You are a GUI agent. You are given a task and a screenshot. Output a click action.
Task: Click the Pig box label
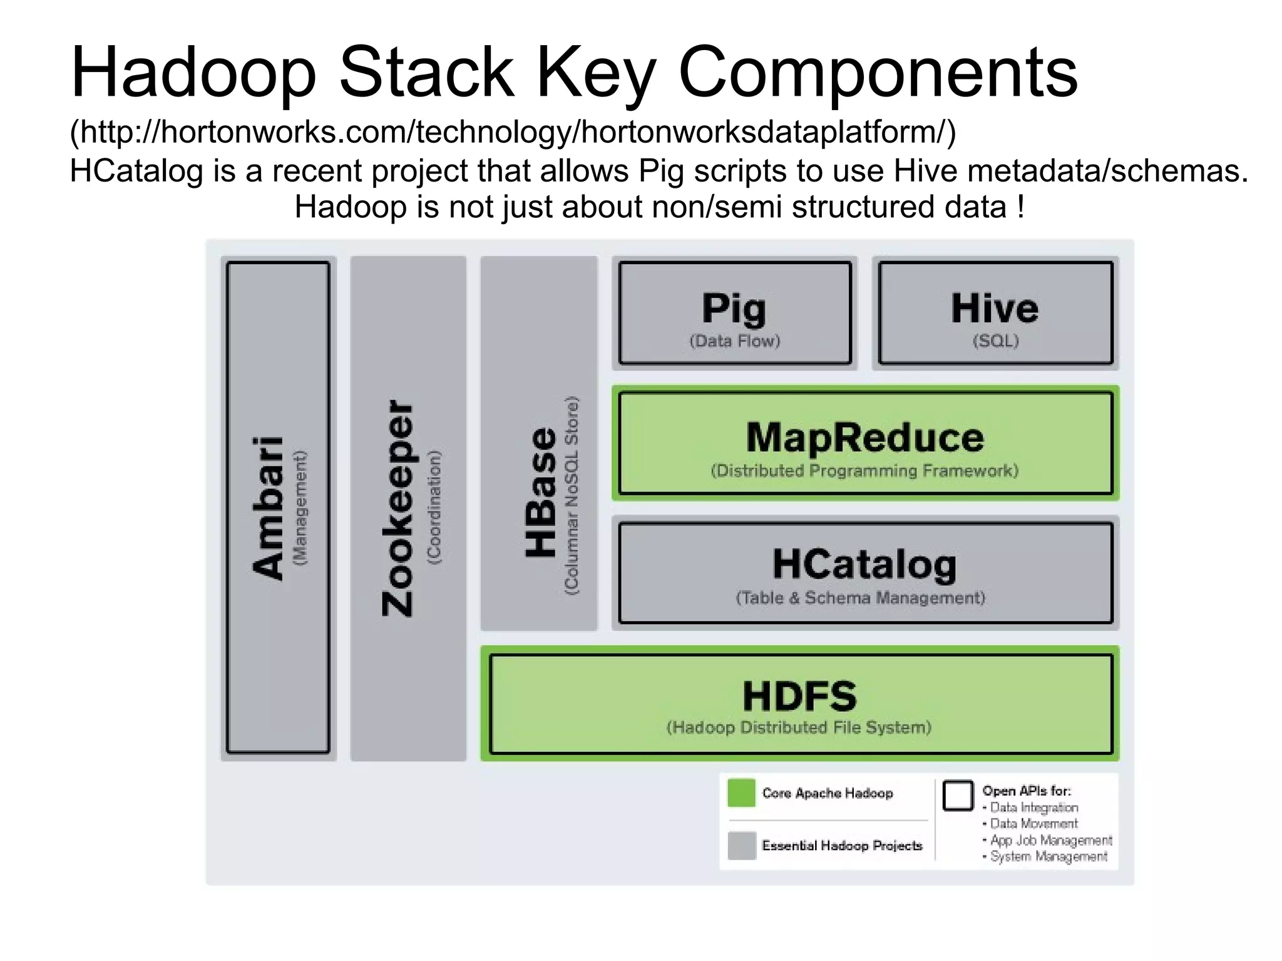point(734,308)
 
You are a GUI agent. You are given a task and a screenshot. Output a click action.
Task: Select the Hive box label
point(995,308)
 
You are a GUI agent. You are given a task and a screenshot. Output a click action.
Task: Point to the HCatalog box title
point(864,564)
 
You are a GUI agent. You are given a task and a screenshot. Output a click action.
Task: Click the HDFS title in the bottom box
point(799,696)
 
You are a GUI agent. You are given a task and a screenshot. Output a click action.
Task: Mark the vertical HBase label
point(541,492)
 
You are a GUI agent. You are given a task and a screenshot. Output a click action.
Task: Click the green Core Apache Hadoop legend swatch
point(742,793)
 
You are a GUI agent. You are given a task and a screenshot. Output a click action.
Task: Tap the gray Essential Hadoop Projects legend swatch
point(742,846)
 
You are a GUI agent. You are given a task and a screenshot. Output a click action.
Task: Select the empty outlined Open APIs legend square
point(958,796)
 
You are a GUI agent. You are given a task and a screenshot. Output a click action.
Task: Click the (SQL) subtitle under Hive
point(995,341)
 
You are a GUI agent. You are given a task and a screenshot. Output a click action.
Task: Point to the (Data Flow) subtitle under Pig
point(735,341)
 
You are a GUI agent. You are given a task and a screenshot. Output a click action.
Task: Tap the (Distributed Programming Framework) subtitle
point(864,471)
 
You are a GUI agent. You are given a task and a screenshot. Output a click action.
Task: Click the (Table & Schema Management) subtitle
point(861,598)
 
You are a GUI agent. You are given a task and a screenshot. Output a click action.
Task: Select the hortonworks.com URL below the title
point(513,132)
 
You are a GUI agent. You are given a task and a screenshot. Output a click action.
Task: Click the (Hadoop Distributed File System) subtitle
point(799,727)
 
